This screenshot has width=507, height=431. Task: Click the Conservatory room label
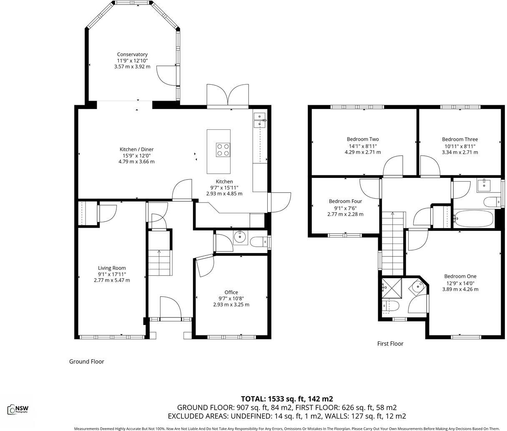pyautogui.click(x=132, y=54)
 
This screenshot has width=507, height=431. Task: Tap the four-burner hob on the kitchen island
pyautogui.click(x=223, y=150)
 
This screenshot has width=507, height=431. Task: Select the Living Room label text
pyautogui.click(x=112, y=268)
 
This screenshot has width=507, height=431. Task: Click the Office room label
pyautogui.click(x=231, y=292)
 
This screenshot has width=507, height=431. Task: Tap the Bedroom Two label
pyautogui.click(x=363, y=139)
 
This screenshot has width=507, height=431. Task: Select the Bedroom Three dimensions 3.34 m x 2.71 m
pyautogui.click(x=460, y=152)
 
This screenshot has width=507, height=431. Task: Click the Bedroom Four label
pyautogui.click(x=345, y=201)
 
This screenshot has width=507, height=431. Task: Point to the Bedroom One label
pyautogui.click(x=460, y=276)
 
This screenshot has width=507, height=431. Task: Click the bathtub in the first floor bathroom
pyautogui.click(x=473, y=218)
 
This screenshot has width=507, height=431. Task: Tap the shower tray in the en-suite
pyautogui.click(x=391, y=287)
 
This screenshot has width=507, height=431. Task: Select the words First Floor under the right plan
pyautogui.click(x=390, y=344)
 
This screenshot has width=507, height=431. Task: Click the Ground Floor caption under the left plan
pyautogui.click(x=86, y=362)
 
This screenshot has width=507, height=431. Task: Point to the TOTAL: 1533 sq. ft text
pyautogui.click(x=287, y=399)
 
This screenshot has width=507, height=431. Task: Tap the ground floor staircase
pyautogui.click(x=160, y=262)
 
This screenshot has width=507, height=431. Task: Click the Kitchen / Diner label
pyautogui.click(x=136, y=150)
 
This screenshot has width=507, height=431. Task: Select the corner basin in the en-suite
pyautogui.click(x=417, y=287)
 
